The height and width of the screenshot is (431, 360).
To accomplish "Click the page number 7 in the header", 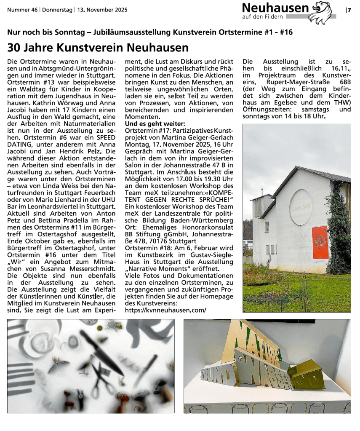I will click(x=349, y=10).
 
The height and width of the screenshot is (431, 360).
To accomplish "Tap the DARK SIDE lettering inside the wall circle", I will click(x=301, y=208).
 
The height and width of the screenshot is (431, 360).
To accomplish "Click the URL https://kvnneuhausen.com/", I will click(x=165, y=310).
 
